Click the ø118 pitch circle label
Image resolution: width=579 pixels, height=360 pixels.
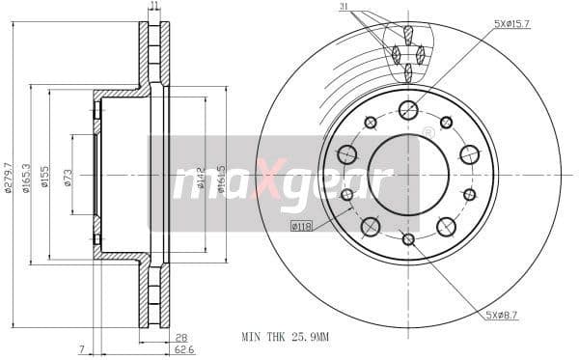pos(303,226)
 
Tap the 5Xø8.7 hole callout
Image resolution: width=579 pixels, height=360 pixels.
pos(504,316)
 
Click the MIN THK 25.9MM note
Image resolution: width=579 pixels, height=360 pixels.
pos(286,339)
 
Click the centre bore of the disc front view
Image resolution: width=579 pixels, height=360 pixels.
pos(408,175)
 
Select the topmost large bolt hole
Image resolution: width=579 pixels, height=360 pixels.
pos(408,110)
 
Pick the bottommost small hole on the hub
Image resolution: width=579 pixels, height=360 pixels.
pos(408,238)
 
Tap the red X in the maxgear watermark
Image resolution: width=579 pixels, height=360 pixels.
pos(262,180)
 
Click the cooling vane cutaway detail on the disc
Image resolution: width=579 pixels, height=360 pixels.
pos(407,54)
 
